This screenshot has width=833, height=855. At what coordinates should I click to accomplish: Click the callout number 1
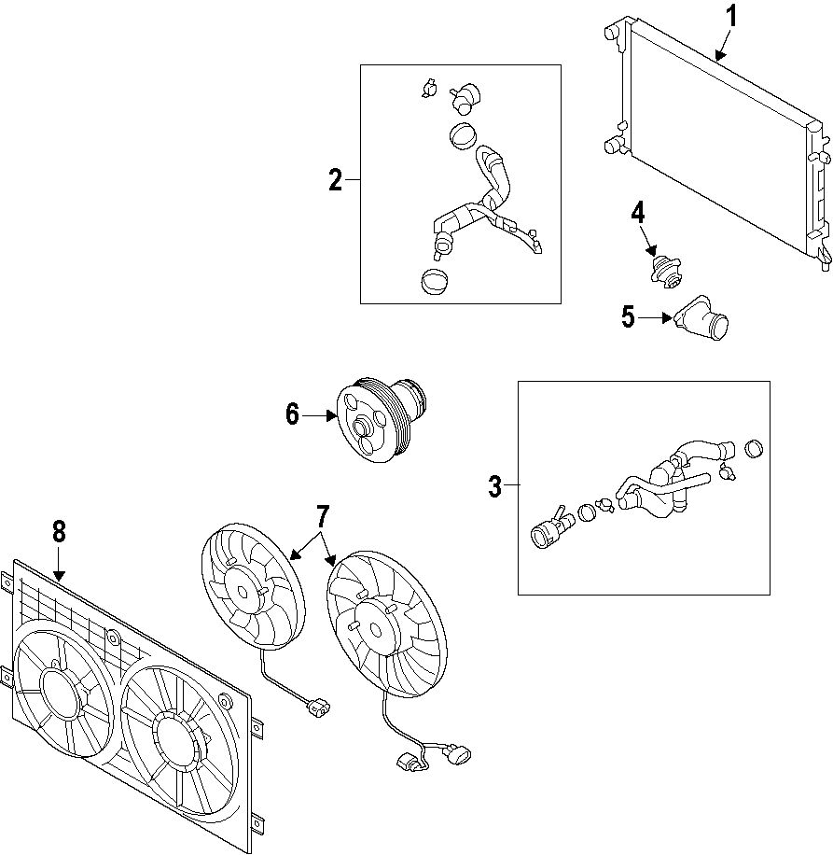coord(732,17)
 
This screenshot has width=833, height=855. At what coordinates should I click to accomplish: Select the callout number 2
coord(336,181)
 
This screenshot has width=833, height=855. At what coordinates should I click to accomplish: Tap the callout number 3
coord(495,485)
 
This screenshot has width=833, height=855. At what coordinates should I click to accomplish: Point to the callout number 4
coord(638,213)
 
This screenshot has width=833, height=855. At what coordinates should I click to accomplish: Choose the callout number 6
coord(293,414)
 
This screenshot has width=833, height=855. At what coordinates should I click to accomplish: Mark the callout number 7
coord(323,516)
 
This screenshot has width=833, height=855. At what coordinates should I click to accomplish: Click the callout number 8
coord(59,532)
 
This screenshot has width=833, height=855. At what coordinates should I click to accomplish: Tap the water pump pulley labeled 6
coord(368,423)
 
